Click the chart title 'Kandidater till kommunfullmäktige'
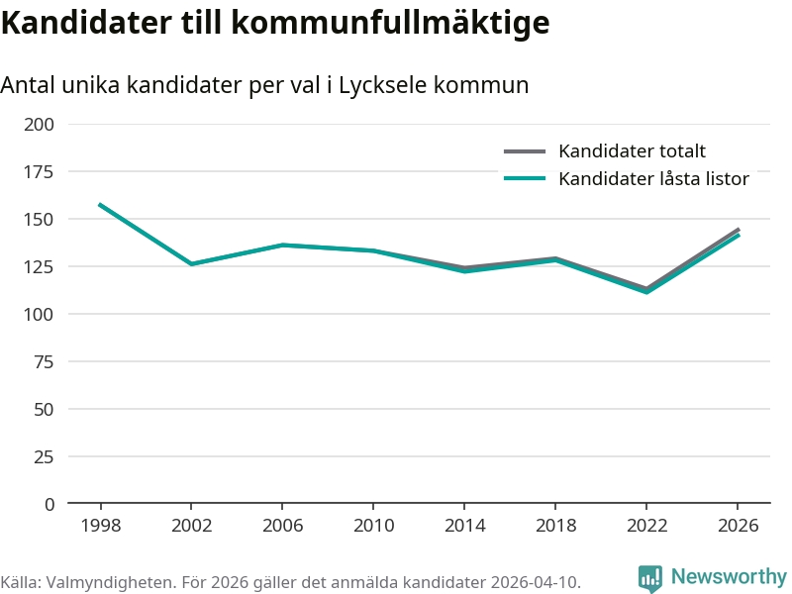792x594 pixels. (x=275, y=23)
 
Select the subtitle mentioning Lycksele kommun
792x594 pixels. (x=264, y=85)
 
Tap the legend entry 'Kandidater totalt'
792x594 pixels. (x=632, y=151)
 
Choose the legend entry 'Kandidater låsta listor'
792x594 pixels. (x=653, y=179)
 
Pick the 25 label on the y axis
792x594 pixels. (x=44, y=456)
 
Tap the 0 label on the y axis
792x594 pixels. (x=49, y=504)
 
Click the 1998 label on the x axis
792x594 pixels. (x=100, y=525)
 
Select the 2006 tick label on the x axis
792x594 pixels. (x=282, y=525)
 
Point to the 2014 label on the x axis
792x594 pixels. (x=464, y=525)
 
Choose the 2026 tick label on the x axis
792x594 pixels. (x=738, y=525)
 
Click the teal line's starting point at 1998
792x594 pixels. (x=100, y=205)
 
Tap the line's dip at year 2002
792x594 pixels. (x=191, y=264)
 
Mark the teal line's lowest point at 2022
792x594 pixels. (x=646, y=292)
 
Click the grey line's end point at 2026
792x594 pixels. (x=738, y=230)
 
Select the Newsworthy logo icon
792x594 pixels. (x=650, y=578)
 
